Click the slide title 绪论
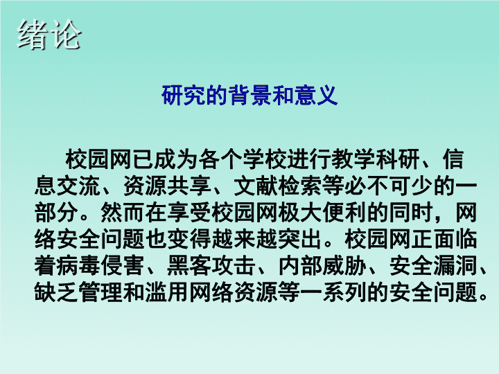pos(49,35)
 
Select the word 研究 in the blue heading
pos(183,95)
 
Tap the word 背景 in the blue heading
pos(249,95)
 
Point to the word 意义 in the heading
pos(316,95)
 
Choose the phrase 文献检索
pos(277,186)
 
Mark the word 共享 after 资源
pos(189,186)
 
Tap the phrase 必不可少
pos(388,186)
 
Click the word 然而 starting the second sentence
pos(123,213)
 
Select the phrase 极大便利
pos(322,213)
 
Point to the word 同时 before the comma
pos(410,213)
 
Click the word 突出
pos(300,239)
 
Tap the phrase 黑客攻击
pos(211,265)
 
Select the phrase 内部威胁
pos(322,265)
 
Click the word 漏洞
pos(455,265)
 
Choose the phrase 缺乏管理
pos(78,292)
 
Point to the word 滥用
pos(167,292)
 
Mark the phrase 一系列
pos(333,292)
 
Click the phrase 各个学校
pos(243,159)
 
